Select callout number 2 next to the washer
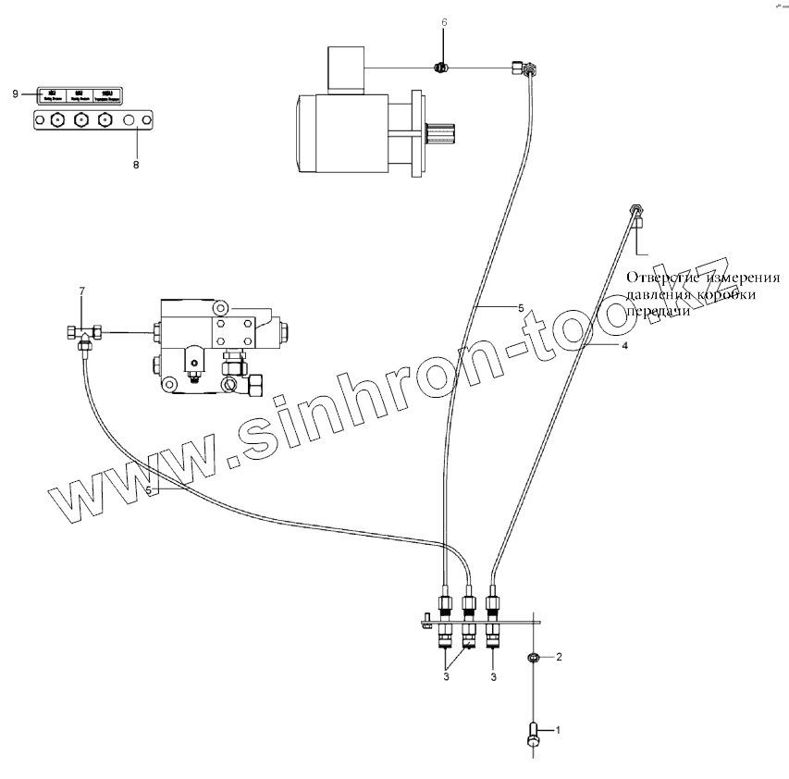(x=559, y=657)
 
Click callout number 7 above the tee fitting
(x=81, y=292)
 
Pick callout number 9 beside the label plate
(x=16, y=93)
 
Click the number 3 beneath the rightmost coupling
(x=492, y=678)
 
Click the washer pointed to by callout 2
(x=534, y=659)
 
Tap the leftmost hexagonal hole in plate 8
(x=56, y=120)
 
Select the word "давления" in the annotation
(x=660, y=295)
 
